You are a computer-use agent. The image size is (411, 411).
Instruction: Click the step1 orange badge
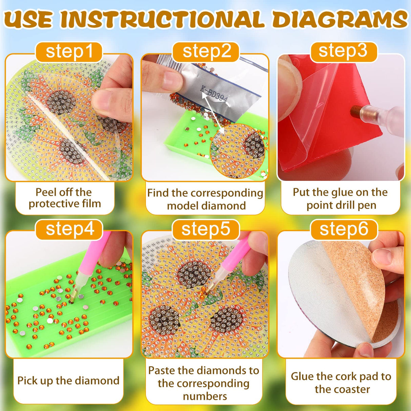pos(69,52)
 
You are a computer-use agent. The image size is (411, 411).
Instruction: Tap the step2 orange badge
pos(206,52)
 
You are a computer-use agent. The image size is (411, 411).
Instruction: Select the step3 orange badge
pos(343,51)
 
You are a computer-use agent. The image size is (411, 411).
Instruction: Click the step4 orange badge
pos(69,229)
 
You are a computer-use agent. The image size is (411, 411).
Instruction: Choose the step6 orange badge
pos(344,229)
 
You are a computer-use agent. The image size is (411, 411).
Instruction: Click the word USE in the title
pos(29,19)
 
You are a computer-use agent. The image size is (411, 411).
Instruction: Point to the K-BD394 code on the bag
pos(214,94)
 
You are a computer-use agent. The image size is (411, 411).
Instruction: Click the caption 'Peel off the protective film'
pos(65,198)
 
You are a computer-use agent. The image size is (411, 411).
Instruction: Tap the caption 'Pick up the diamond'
pos(68,381)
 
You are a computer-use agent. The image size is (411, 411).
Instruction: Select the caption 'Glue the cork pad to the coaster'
pos(341,383)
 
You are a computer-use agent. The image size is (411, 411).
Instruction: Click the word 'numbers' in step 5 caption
pos(205,396)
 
